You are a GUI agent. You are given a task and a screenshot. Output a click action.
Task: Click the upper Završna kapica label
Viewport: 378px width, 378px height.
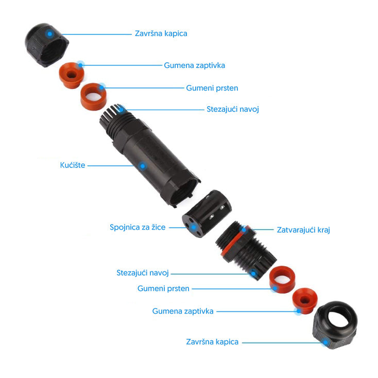pos(161,33)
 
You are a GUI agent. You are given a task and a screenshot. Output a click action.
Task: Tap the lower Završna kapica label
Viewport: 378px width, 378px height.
pos(212,342)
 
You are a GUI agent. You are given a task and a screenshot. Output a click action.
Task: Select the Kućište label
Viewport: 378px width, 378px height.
pos(73,165)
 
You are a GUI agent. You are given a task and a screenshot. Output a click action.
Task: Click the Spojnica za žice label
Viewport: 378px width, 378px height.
pos(138,227)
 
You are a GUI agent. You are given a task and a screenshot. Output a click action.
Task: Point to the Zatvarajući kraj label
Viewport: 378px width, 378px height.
pos(303,230)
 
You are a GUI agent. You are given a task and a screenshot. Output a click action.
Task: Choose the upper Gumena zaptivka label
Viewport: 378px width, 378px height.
pos(194,65)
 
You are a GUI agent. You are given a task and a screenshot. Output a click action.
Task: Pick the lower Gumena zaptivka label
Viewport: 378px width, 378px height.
pos(183,311)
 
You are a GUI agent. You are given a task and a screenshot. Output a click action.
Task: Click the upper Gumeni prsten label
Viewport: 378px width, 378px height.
pos(212,88)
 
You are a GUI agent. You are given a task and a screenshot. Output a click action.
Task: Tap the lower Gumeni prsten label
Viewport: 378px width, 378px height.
pos(163,288)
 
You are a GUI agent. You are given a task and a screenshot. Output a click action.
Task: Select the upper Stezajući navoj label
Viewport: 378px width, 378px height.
pos(233,109)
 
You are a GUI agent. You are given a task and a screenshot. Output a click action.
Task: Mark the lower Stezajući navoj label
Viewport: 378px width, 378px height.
pos(143,273)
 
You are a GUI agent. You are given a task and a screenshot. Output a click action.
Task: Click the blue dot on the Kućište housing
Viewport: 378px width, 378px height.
pos(143,166)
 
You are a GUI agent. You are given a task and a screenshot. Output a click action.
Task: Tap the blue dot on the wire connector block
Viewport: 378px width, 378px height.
pos(193,227)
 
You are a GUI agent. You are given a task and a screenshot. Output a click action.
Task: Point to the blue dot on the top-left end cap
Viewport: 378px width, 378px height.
pos(49,34)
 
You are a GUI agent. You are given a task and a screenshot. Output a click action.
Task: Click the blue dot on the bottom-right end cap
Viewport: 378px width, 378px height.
pos(325,342)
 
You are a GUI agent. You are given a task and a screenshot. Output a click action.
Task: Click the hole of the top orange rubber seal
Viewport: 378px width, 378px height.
pos(71,74)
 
